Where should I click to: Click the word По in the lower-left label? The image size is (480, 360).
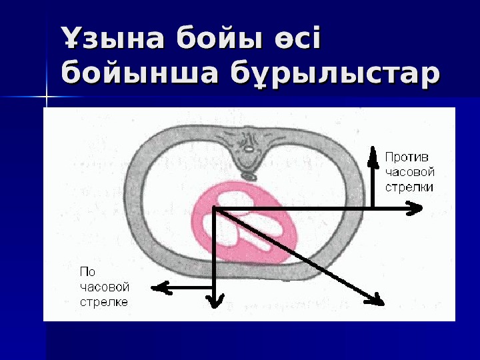87,272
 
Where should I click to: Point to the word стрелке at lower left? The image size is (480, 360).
103,301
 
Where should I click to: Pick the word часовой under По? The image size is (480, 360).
104,287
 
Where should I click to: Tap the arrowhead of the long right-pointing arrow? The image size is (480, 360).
417,209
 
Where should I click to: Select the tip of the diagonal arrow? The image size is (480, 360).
381,301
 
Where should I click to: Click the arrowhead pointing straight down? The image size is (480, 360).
215,303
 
